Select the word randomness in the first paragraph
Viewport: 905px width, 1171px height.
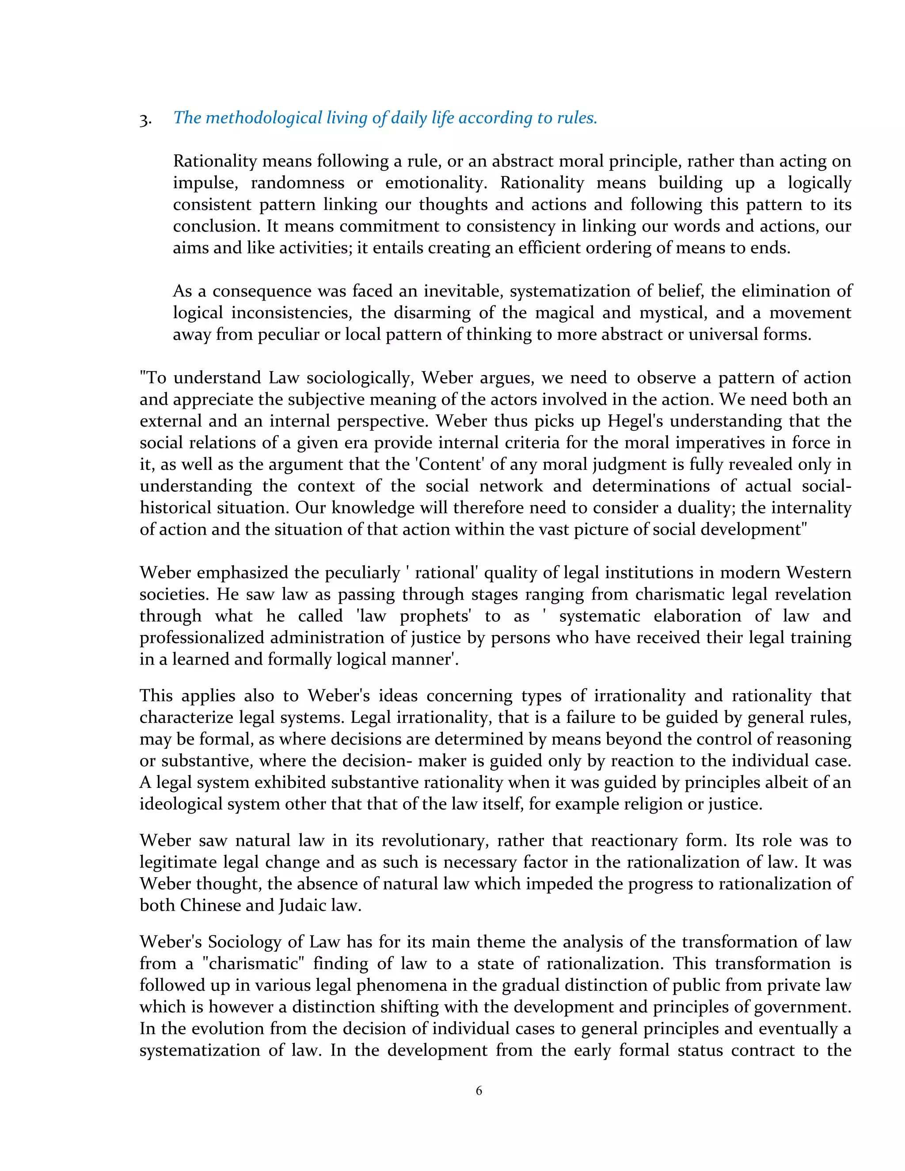pyautogui.click(x=297, y=183)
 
